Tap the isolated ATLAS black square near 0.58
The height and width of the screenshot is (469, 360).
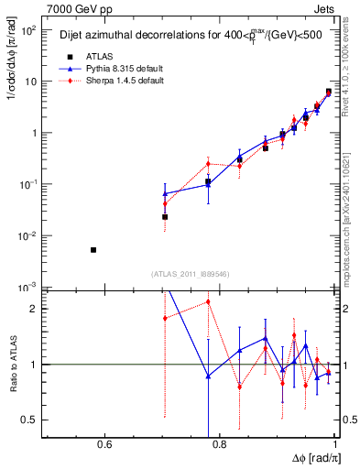tap(93, 249)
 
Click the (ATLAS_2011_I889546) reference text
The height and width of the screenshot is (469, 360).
tap(190, 274)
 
